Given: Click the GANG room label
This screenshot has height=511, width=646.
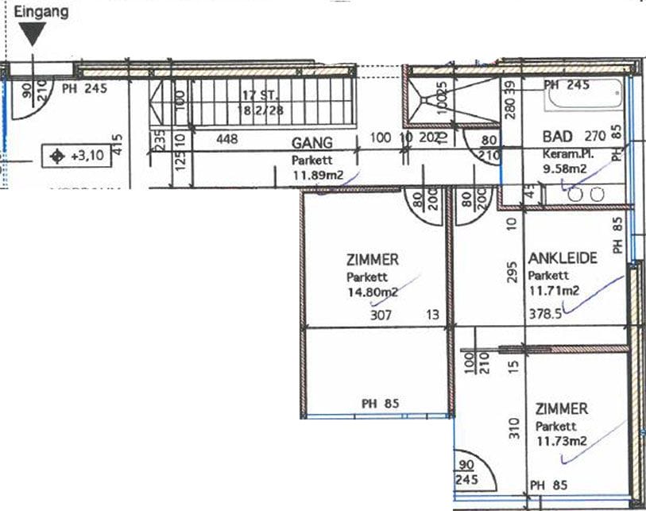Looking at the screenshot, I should coord(311,144).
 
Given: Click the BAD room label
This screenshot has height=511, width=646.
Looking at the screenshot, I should coord(558,136).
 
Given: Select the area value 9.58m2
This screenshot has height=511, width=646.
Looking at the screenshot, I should coord(564,168).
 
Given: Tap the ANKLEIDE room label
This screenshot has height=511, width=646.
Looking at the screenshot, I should coord(562,259).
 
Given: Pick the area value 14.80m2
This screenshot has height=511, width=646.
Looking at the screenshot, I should coord(372,292).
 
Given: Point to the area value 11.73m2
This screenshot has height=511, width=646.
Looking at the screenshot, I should coord(561,440).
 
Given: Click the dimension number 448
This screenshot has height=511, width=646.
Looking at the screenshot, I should coord(227,139).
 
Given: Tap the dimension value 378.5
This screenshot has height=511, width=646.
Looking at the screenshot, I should coord(545,314).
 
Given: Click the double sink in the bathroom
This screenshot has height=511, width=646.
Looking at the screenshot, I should coord(585,193).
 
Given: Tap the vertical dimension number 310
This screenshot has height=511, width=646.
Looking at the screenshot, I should coord(513,428).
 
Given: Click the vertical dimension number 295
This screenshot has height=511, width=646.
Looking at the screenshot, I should coord(513,273).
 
